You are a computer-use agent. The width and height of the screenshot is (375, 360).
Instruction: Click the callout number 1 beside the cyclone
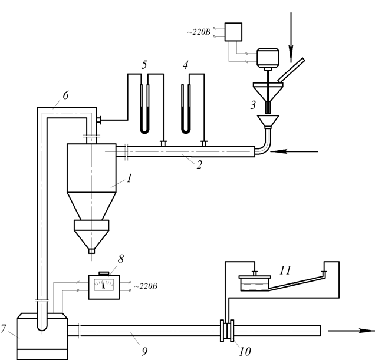coord(129,179)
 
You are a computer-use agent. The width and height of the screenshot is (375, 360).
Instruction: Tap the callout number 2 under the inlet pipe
coord(199,165)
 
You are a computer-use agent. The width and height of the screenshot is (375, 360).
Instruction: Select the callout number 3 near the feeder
coord(253,105)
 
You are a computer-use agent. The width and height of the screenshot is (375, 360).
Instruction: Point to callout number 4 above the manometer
coord(185,65)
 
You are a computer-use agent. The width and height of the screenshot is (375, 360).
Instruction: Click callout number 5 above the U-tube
coord(144,65)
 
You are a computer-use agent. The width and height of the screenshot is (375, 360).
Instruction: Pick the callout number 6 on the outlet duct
coord(65,95)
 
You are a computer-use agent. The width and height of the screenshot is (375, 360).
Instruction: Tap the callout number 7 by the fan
coord(3,329)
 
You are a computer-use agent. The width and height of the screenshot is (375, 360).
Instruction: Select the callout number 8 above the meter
coord(121,259)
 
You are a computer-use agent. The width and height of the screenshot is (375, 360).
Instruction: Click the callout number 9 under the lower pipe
coord(144,351)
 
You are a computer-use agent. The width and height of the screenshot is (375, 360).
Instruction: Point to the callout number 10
coord(245,351)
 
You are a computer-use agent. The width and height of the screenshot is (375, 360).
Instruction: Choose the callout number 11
coord(285,270)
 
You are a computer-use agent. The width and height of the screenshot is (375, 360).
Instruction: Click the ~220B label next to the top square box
coord(199,32)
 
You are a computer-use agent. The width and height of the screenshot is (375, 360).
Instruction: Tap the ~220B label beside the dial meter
coord(146,286)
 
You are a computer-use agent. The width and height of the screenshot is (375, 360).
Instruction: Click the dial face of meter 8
coord(104,285)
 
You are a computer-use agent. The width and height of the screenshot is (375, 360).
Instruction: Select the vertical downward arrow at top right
coord(291,38)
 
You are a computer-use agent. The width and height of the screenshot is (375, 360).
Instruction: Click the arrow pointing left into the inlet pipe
coord(294,151)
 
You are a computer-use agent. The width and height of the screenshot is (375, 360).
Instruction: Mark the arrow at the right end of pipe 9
coord(351,331)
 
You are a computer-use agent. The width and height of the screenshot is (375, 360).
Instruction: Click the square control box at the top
coord(233,32)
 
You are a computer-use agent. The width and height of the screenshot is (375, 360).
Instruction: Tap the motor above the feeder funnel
coord(268,58)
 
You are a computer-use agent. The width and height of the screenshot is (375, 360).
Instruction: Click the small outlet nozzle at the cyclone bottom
coord(91,251)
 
